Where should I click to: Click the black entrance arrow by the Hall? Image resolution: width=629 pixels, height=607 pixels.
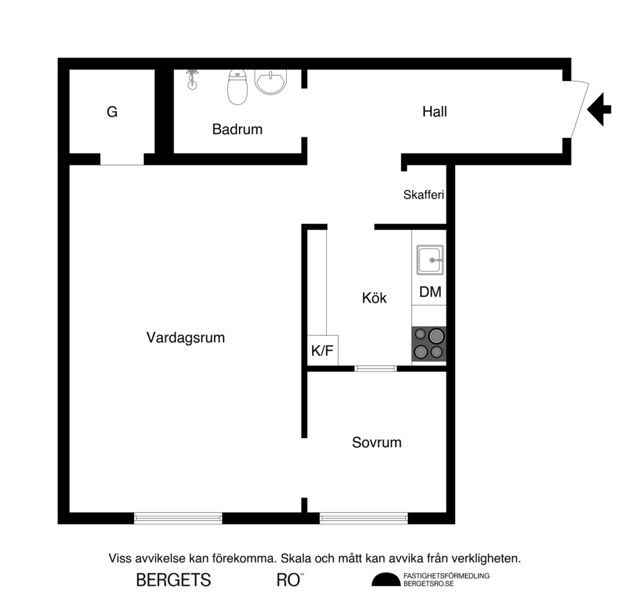(x=600, y=109)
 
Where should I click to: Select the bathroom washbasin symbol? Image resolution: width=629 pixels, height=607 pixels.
(x=270, y=82)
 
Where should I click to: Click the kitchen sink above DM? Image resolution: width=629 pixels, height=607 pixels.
(x=429, y=260)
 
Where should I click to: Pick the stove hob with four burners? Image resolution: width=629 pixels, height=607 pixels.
(x=429, y=344)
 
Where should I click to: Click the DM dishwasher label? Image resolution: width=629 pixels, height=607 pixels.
(x=430, y=292)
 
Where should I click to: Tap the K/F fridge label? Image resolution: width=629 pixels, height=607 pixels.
(x=322, y=351)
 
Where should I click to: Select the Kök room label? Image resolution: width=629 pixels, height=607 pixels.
(x=374, y=298)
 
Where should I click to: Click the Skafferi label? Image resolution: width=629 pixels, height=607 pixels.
(x=423, y=196)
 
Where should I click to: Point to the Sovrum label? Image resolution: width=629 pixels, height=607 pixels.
(x=377, y=442)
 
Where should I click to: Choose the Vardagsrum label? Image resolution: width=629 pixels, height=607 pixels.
(x=186, y=338)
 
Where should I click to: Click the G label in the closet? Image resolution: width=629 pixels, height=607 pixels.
(x=112, y=113)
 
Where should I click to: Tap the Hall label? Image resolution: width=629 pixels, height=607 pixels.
(x=434, y=112)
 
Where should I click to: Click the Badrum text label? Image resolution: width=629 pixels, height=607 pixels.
(x=237, y=130)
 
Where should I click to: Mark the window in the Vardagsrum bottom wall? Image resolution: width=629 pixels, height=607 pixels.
(x=178, y=518)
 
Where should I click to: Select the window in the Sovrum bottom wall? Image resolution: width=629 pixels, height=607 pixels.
(x=364, y=518)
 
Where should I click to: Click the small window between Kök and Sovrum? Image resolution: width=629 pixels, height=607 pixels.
(x=376, y=368)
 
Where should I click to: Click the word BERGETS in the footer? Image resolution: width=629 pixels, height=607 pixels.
(x=173, y=580)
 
